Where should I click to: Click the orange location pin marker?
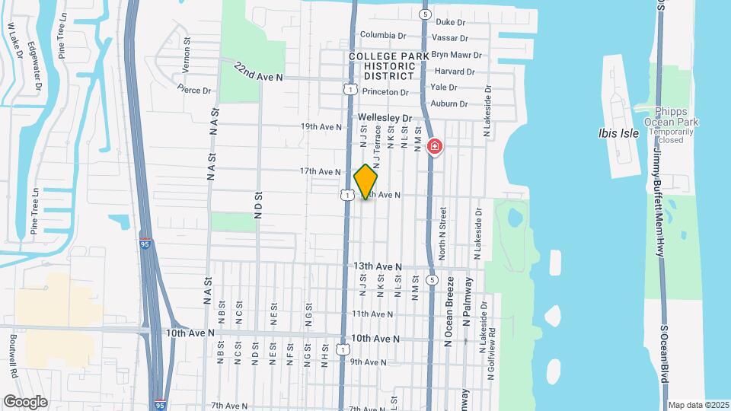(365, 181)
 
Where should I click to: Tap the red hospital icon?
(435, 145)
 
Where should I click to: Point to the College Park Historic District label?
(382, 66)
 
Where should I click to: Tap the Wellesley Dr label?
(385, 118)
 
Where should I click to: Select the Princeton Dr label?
(385, 92)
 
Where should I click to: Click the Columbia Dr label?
(383, 35)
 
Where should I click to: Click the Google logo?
(25, 401)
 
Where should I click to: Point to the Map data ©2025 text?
(697, 405)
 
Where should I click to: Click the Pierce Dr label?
(193, 90)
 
